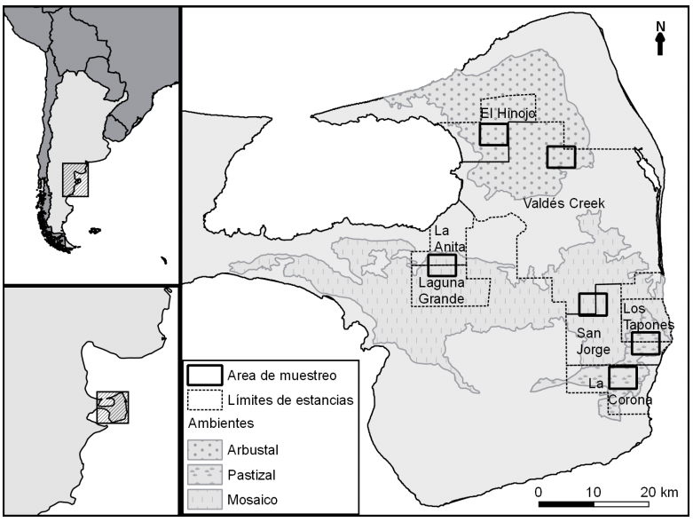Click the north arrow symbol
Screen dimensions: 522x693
[660, 43]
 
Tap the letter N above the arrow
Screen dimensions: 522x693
[660, 26]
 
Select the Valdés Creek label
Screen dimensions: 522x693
[563, 203]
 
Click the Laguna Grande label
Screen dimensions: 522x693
[442, 291]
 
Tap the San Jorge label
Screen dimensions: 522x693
[593, 342]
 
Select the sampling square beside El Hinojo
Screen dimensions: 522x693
[493, 134]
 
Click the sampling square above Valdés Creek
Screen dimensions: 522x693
[561, 157]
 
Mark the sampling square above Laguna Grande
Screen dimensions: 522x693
[441, 265]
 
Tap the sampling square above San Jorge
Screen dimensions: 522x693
[592, 304]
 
